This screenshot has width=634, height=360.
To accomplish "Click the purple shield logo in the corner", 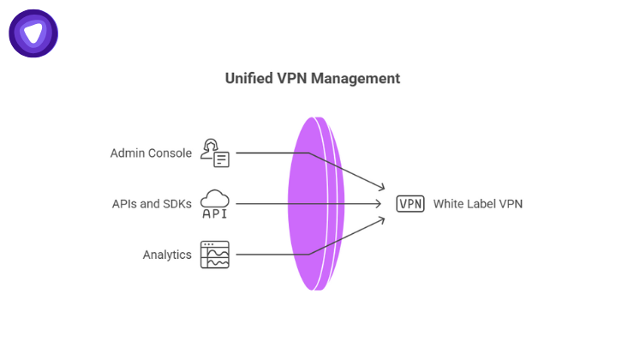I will coord(33,33).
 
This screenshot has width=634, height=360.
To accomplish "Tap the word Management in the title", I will coord(356,79).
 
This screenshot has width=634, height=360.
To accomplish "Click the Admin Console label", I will coord(150,153).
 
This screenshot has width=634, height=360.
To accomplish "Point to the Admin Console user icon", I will coord(215,152).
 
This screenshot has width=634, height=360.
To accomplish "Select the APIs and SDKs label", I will coord(152,204).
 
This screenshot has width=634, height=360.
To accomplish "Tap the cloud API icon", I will coord(215,204).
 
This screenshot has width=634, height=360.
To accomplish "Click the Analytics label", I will coord(167,255).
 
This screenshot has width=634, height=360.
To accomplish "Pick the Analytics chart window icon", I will coord(215,255).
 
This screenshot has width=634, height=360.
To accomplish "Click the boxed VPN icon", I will coord(410,204).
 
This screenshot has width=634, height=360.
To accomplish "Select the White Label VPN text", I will coord(477,204).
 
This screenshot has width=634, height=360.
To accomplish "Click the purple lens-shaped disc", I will coord(313,203).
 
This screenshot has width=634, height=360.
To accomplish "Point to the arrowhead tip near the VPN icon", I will coord(383,204).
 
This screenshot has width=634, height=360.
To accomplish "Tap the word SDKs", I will coord(177,204).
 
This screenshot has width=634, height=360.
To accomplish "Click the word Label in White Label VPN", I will coord(481,204).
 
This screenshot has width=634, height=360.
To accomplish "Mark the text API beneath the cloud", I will coord(215,213).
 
